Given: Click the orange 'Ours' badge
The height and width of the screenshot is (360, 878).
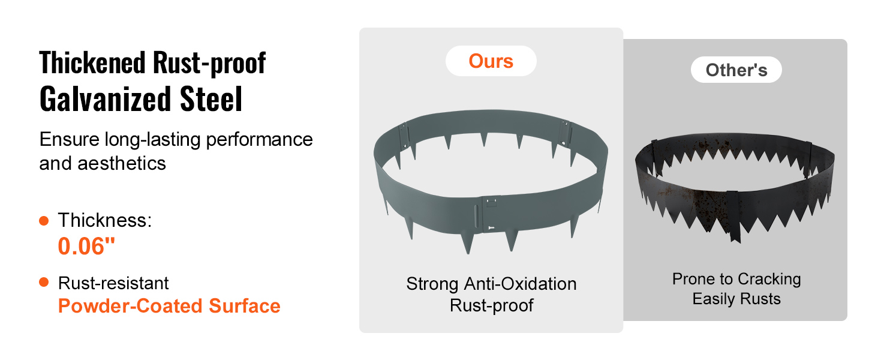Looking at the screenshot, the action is pyautogui.click(x=491, y=61).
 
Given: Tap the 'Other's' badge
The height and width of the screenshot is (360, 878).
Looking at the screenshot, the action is pyautogui.click(x=736, y=70).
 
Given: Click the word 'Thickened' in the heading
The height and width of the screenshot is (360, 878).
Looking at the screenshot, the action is pyautogui.click(x=92, y=63).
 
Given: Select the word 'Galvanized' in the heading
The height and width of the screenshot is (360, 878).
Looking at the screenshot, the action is pyautogui.click(x=105, y=99).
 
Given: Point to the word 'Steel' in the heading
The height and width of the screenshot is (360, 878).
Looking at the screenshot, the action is pyautogui.click(x=211, y=99).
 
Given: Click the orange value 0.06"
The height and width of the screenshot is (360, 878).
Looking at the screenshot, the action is pyautogui.click(x=86, y=246).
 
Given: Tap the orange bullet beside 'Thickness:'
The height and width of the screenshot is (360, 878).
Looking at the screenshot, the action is pyautogui.click(x=44, y=221).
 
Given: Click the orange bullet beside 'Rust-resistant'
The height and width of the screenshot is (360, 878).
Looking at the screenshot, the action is pyautogui.click(x=44, y=282).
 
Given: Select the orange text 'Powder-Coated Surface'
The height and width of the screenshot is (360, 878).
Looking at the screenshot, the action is pyautogui.click(x=169, y=306).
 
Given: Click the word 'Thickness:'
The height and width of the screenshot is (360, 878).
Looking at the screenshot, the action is pyautogui.click(x=105, y=220).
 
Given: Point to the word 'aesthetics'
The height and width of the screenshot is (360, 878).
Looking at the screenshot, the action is pyautogui.click(x=122, y=163).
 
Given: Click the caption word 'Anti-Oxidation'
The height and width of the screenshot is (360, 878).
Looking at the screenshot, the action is pyautogui.click(x=520, y=284).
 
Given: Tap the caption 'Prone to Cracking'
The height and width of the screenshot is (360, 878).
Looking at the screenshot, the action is pyautogui.click(x=736, y=279).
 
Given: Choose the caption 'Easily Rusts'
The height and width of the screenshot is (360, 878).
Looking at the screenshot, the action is pyautogui.click(x=736, y=299).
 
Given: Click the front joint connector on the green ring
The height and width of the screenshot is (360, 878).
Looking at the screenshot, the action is pyautogui.click(x=491, y=214).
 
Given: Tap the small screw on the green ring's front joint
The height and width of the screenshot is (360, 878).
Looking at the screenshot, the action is pyautogui.click(x=491, y=228).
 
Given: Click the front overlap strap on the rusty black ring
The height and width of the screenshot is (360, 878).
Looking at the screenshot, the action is pyautogui.click(x=733, y=215).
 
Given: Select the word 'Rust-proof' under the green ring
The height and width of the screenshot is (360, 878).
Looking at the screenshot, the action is pyautogui.click(x=492, y=305).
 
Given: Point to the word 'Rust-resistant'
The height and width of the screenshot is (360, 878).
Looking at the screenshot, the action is pyautogui.click(x=113, y=283).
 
